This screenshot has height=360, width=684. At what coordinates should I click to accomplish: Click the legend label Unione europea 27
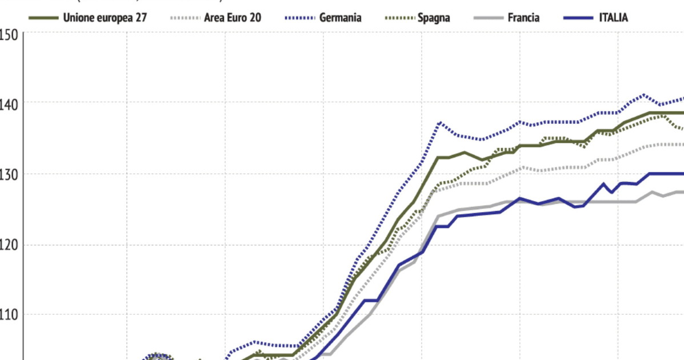(x=105, y=18)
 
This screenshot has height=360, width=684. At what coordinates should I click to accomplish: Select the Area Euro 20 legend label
(x=233, y=18)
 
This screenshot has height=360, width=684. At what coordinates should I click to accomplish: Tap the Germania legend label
(x=340, y=18)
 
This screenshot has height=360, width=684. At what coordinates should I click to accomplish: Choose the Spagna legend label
(x=433, y=18)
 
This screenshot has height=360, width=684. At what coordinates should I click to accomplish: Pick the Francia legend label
(x=523, y=18)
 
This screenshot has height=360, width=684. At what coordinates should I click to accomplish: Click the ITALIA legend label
(x=613, y=18)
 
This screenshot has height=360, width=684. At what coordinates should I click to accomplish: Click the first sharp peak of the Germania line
(x=439, y=122)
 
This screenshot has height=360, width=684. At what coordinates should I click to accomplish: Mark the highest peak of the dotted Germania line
(x=645, y=95)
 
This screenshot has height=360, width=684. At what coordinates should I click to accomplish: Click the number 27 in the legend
(x=141, y=18)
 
